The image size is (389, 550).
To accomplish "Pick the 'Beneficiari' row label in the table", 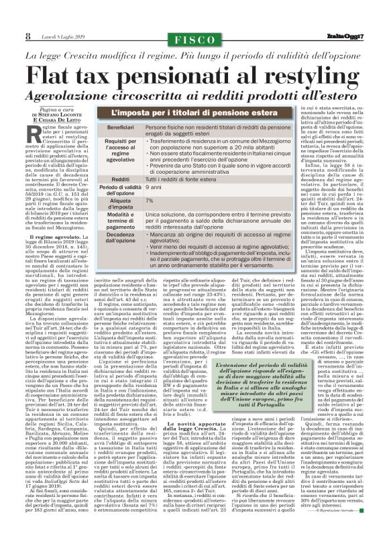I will coord(121,127).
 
